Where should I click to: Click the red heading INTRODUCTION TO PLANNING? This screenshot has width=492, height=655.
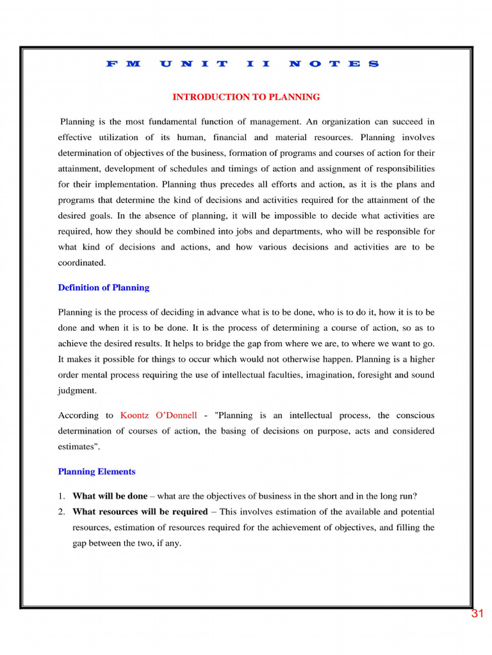point(246,97)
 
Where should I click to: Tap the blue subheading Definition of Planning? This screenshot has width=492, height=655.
point(104,288)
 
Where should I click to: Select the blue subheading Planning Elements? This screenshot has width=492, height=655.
point(97,472)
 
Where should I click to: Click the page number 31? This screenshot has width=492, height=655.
point(477,614)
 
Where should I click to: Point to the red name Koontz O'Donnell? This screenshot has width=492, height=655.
point(159,416)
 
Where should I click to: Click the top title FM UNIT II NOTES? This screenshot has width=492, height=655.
point(242,64)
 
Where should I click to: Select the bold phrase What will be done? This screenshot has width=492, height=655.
point(110,496)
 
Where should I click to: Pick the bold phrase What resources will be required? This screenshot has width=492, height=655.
point(140,512)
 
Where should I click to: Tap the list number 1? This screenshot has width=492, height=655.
point(61,496)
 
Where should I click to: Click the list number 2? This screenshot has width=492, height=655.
point(61,512)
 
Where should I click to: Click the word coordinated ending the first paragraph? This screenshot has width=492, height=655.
point(81,263)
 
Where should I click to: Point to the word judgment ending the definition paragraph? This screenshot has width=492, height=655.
point(77,390)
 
